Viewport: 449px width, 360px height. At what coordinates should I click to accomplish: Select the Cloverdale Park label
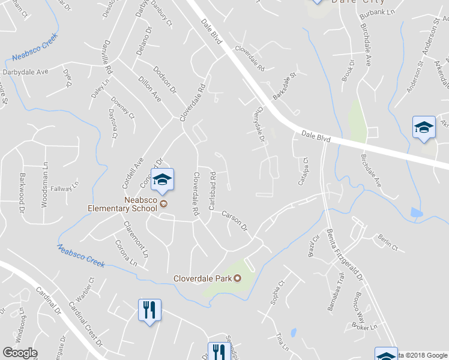tap(202, 278)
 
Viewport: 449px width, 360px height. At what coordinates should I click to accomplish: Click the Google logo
tap(20, 353)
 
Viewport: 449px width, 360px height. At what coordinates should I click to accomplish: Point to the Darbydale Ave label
tap(25, 72)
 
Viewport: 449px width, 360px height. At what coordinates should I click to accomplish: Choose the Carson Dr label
tap(234, 220)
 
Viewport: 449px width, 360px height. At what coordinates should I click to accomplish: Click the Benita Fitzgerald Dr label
tap(345, 254)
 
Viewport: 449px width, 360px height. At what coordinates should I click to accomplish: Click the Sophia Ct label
tap(277, 292)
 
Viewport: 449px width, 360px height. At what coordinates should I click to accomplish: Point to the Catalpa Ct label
tap(304, 170)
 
